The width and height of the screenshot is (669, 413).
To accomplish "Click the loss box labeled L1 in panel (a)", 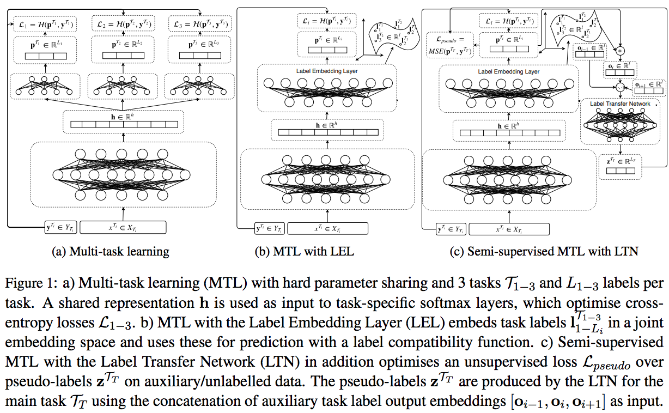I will point(45,25).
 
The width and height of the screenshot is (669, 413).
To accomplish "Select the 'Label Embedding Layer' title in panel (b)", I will point(326,71).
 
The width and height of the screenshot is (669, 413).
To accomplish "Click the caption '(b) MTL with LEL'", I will point(305,252).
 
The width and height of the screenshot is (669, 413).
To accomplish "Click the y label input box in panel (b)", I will point(269,228).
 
